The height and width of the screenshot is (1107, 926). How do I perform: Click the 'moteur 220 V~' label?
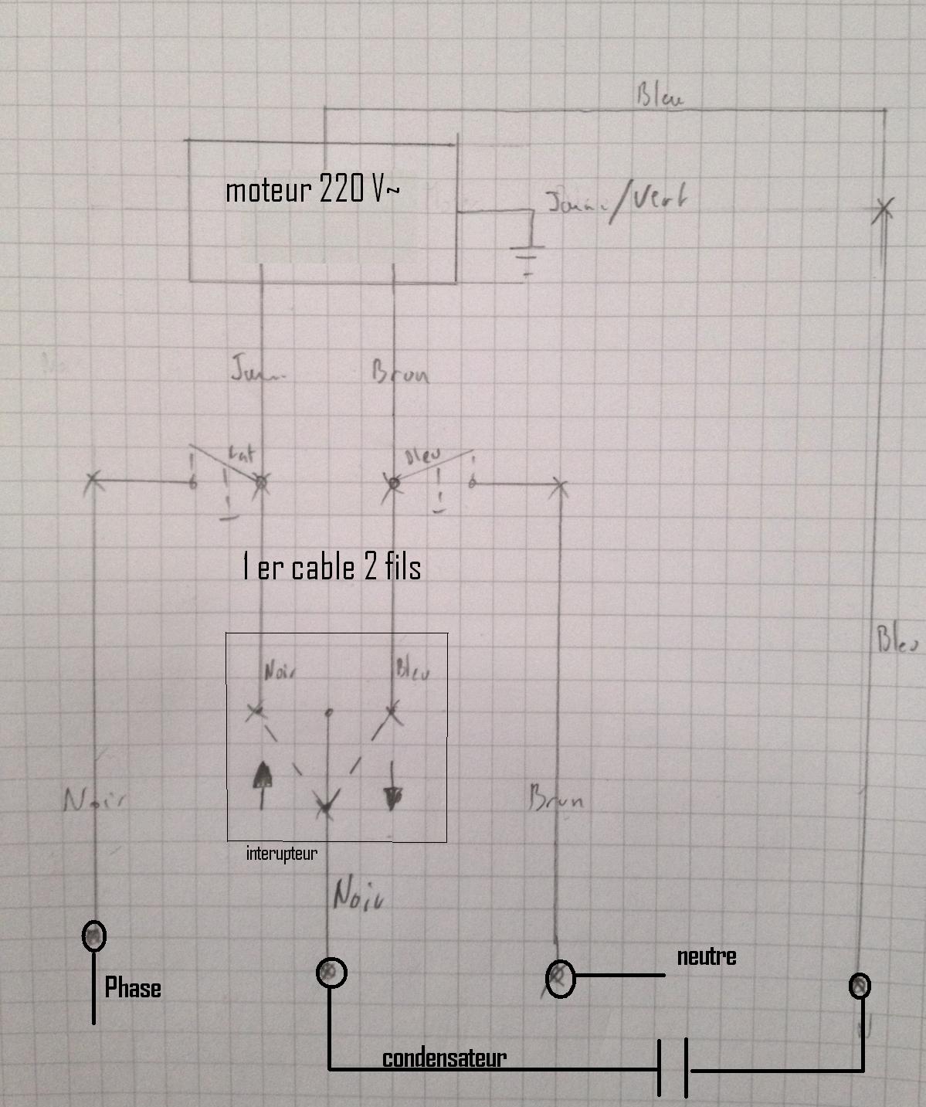(313, 189)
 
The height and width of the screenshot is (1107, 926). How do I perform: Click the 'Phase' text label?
(133, 988)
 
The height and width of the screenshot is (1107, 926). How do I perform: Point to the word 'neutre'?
(706, 956)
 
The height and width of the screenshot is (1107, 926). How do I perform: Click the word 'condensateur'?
(444, 1058)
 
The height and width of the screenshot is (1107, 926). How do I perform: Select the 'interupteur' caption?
(281, 854)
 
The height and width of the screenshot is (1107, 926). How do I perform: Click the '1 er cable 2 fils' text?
(331, 568)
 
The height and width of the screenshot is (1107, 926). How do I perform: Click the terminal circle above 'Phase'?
(94, 936)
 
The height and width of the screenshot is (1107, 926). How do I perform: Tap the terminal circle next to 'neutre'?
(560, 978)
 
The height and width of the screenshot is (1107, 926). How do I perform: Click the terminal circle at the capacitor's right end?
(860, 986)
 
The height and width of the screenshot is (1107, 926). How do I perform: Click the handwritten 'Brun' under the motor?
(400, 374)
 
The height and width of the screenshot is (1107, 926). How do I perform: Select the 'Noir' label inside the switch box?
(280, 671)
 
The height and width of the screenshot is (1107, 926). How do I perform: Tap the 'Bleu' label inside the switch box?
(412, 669)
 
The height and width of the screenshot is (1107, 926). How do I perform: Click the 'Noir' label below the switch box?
(358, 896)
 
